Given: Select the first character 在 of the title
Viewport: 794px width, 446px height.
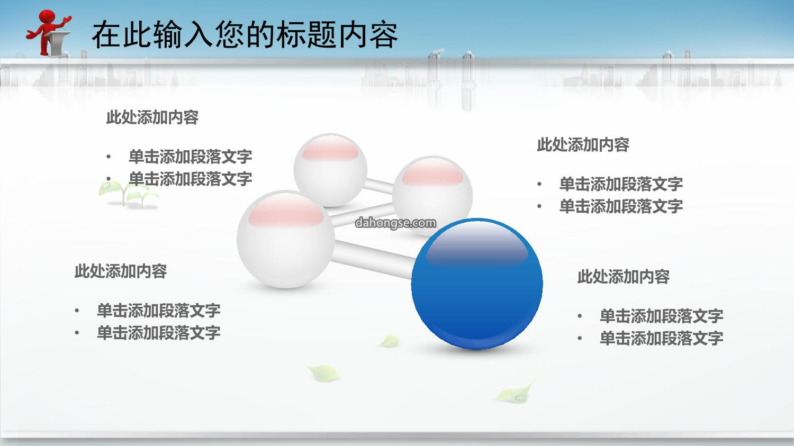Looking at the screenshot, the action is pyautogui.click(x=106, y=35).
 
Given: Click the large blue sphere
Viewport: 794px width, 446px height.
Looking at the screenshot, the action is pyautogui.click(x=477, y=284).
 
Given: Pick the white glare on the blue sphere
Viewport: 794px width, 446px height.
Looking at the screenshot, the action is pyautogui.click(x=477, y=245).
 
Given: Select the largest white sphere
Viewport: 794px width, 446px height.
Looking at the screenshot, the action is pyautogui.click(x=286, y=239).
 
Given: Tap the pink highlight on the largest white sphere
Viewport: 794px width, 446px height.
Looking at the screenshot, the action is pyautogui.click(x=286, y=212).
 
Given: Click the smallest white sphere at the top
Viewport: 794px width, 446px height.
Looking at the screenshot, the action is pyautogui.click(x=330, y=170).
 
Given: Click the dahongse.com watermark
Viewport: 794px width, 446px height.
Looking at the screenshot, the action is pyautogui.click(x=395, y=223).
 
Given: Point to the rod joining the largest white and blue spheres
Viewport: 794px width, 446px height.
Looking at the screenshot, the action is pyautogui.click(x=373, y=259).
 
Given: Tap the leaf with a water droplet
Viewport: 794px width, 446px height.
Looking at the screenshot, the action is pyautogui.click(x=516, y=392).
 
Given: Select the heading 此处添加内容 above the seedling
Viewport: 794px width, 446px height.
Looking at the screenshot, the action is pyautogui.click(x=152, y=117).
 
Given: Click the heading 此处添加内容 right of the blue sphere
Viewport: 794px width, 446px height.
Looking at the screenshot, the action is pyautogui.click(x=624, y=276).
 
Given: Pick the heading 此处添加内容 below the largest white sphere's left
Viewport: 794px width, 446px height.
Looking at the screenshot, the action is pyautogui.click(x=121, y=271).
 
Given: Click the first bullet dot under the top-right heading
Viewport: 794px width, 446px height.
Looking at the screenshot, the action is pyautogui.click(x=539, y=184).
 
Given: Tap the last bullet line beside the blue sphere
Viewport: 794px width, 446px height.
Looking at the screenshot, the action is pyautogui.click(x=651, y=338).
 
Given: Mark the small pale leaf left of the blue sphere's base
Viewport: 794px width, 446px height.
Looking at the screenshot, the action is pyautogui.click(x=389, y=341).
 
